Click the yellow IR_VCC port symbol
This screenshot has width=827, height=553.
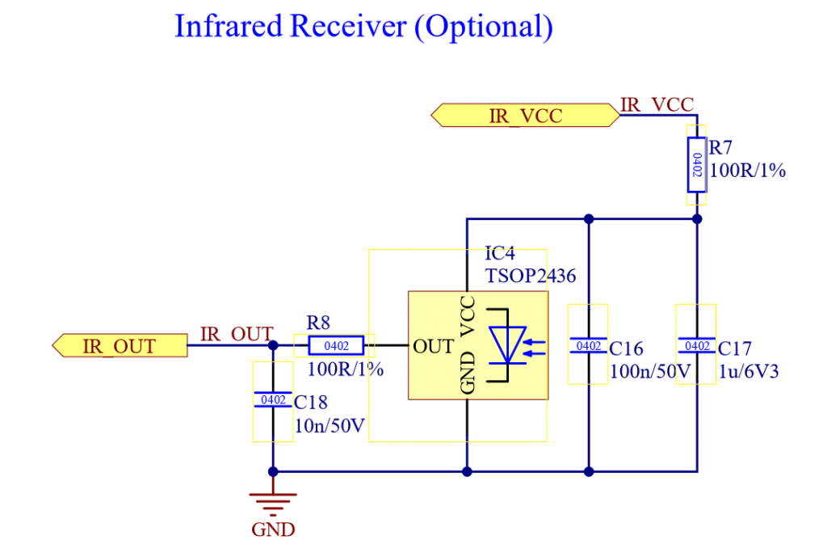[525, 115]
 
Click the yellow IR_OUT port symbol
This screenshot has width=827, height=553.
[120, 346]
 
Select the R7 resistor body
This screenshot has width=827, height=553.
[696, 165]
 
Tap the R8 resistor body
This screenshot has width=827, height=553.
[336, 346]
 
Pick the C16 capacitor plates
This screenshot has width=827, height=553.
[589, 345]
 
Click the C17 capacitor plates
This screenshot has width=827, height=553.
[697, 345]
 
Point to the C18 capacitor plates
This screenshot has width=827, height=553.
[273, 400]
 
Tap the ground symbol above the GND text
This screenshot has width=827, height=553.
[273, 504]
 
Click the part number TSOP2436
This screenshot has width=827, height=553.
[531, 276]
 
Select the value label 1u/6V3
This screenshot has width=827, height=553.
[749, 371]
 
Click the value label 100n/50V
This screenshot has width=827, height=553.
[650, 371]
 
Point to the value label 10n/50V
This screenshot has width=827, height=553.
[330, 425]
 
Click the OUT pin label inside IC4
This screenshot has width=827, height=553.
[433, 347]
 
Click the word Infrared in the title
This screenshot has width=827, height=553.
[229, 26]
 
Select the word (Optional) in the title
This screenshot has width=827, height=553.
[484, 27]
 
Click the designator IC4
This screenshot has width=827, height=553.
[499, 254]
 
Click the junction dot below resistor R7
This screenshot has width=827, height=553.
[697, 218]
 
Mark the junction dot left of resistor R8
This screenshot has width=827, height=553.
[273, 345]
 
